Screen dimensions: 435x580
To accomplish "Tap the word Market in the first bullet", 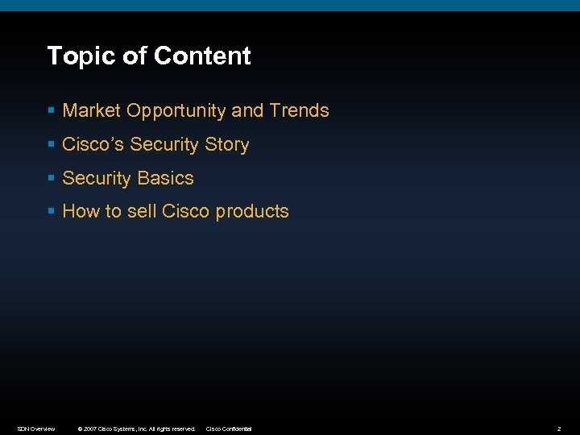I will [92, 110].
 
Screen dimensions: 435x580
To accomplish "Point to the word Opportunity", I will [176, 111].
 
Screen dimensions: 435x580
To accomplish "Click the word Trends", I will [300, 110].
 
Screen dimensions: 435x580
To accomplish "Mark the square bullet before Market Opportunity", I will [51, 111].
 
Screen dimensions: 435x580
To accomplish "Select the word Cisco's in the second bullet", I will [93, 144].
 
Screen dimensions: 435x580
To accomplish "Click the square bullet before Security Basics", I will [51, 179].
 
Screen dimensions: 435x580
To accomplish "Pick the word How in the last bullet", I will [80, 211].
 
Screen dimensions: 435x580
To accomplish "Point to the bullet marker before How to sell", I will [51, 212].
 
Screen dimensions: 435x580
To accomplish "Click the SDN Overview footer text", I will [36, 429].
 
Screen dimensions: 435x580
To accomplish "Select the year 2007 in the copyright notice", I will [89, 429].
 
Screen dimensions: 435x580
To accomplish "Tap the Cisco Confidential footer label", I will [229, 429].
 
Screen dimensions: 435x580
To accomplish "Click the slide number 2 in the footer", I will [558, 429].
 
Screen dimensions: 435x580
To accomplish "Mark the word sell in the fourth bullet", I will [143, 211].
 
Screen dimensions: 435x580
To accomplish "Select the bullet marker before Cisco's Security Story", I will [51, 145].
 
